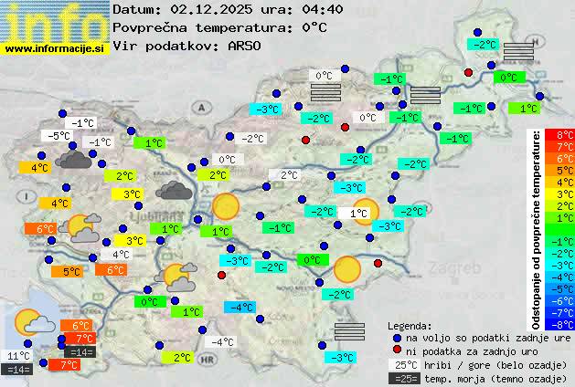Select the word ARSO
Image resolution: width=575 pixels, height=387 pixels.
pos(246,45)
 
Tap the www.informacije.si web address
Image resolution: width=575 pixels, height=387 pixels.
pos(55,47)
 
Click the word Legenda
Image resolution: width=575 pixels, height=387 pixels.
pos(410,326)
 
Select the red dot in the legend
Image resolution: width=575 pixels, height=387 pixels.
pos(397,351)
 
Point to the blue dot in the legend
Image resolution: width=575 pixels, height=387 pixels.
pos(397,338)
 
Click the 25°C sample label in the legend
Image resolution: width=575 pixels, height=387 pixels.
pos(404,365)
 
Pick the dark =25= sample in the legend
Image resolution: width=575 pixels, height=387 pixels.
pos(404,378)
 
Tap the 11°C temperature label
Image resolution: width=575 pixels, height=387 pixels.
pos(18,356)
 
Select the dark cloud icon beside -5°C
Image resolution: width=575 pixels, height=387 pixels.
pos(73,160)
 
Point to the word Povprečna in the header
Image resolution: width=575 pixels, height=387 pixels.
pos(150,27)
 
